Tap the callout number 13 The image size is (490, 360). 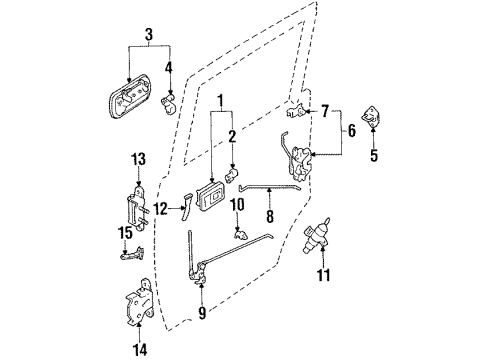(138, 158)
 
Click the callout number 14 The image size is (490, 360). (139, 348)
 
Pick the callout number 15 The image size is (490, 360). (125, 233)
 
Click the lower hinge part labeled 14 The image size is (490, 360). (138, 305)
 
